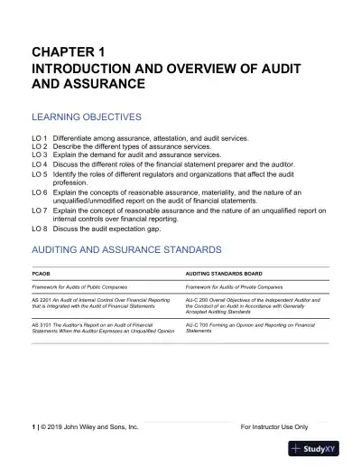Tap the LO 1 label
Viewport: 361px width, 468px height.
(x=39, y=139)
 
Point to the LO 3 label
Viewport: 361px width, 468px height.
(x=39, y=154)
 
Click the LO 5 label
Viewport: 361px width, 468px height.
(x=39, y=171)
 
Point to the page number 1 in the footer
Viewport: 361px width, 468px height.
(x=32, y=426)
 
